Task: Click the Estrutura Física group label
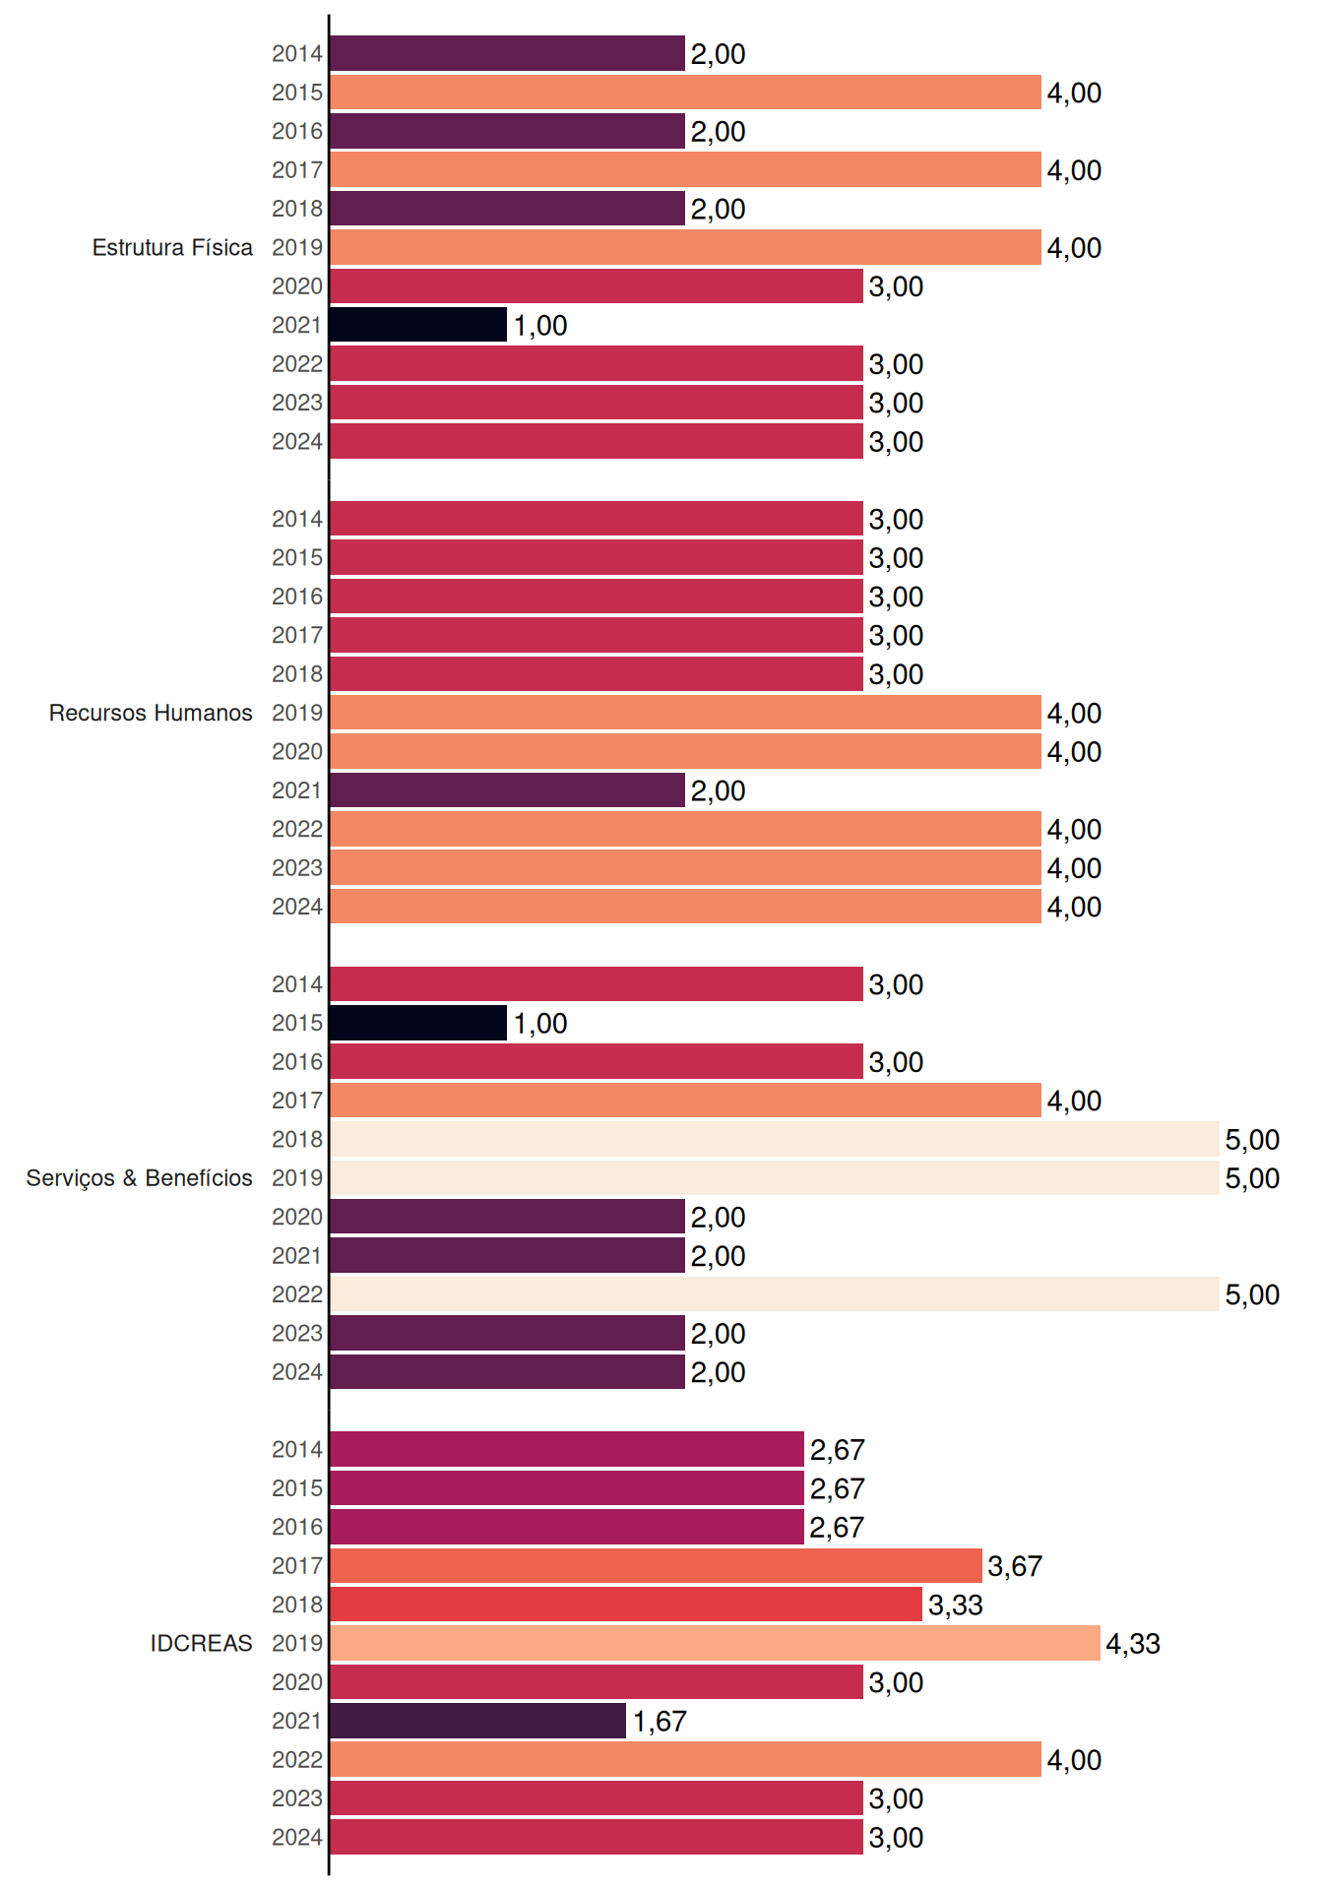(172, 247)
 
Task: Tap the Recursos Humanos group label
(151, 713)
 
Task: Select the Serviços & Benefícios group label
(139, 1178)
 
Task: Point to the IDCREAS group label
(201, 1643)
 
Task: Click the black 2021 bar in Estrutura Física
(418, 325)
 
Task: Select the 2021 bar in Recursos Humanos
(507, 790)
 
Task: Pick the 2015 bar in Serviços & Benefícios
(418, 1023)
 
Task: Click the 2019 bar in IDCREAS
(715, 1643)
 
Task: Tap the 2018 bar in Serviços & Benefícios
(775, 1139)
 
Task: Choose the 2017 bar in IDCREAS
(656, 1565)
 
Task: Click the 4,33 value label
(1133, 1644)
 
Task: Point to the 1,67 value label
(660, 1722)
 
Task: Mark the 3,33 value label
(956, 1606)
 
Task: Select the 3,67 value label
(1015, 1566)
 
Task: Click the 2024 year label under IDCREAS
(297, 1838)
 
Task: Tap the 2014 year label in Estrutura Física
(297, 54)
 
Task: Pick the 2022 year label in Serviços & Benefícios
(297, 1294)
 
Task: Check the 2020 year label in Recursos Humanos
(297, 752)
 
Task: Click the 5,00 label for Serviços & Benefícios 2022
(1252, 1295)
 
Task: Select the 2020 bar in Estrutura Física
(597, 285)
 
